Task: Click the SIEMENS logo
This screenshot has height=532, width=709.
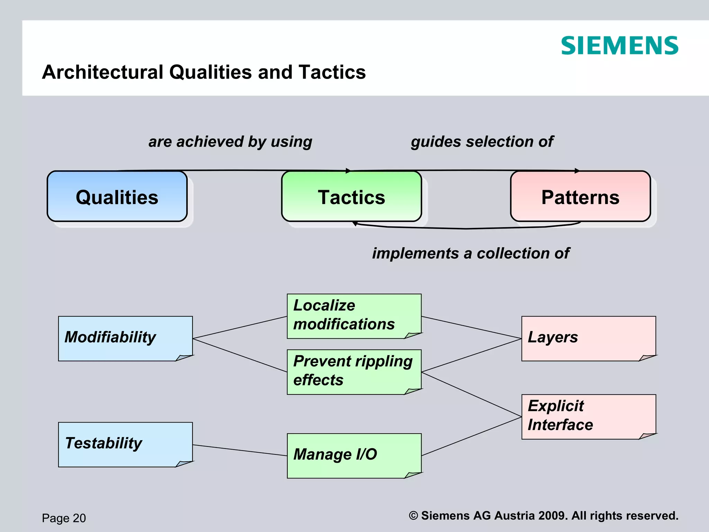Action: click(x=619, y=46)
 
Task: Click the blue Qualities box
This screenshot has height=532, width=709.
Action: click(x=117, y=197)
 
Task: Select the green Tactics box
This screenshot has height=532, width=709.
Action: click(x=351, y=197)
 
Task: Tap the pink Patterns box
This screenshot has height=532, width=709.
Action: click(x=580, y=197)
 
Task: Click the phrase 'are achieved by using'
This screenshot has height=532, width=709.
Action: click(x=230, y=142)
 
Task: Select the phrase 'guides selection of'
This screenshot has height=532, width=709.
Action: click(x=482, y=142)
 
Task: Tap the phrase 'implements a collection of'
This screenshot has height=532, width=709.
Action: click(x=470, y=254)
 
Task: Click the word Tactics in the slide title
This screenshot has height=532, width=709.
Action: click(x=332, y=72)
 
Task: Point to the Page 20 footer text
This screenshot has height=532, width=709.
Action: click(x=64, y=518)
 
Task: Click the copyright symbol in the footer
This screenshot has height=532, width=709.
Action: click(x=413, y=515)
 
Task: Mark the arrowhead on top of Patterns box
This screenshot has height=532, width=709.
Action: click(x=577, y=171)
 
